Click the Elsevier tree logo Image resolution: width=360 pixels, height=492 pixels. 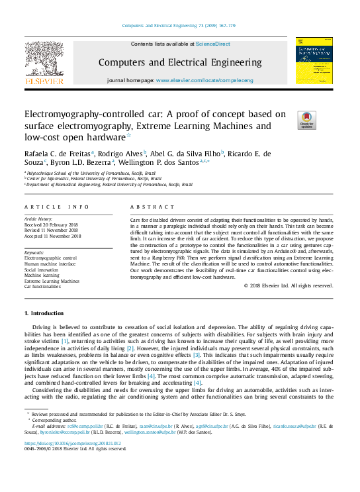[44, 60]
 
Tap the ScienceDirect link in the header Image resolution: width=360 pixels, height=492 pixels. [212, 44]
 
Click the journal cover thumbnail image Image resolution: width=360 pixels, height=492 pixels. [314, 60]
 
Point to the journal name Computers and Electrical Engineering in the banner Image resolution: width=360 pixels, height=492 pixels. [180, 62]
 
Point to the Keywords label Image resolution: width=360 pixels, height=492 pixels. [34, 253]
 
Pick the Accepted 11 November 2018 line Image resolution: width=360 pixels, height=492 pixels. [53, 236]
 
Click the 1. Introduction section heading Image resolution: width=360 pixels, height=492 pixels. [44, 313]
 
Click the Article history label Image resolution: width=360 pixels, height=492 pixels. [39, 218]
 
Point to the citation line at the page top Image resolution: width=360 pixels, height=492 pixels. [179, 26]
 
